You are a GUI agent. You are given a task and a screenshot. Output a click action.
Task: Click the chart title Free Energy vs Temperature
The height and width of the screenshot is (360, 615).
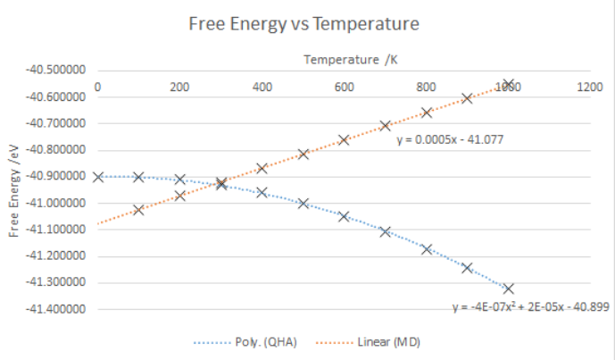[x=303, y=24]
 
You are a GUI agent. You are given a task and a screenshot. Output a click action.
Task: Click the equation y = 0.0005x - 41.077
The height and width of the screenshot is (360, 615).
[x=452, y=139]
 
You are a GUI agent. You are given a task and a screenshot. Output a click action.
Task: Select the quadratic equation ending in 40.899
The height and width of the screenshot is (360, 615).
[x=529, y=307]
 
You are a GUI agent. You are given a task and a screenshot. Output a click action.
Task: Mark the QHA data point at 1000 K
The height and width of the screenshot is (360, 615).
[x=509, y=289]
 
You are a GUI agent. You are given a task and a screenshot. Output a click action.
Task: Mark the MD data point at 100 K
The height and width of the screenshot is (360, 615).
[x=138, y=210]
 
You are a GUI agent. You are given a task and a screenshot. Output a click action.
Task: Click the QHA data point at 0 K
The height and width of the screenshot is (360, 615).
[x=97, y=177]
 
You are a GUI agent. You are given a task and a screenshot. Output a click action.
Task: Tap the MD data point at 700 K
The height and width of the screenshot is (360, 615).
[x=386, y=126]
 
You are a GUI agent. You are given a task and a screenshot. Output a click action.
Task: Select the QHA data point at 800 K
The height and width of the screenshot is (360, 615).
[x=427, y=249]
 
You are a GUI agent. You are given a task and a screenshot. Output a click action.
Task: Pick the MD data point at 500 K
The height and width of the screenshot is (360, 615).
[x=303, y=154]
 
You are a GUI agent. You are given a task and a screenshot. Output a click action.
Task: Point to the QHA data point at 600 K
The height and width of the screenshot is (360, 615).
[x=344, y=216]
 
